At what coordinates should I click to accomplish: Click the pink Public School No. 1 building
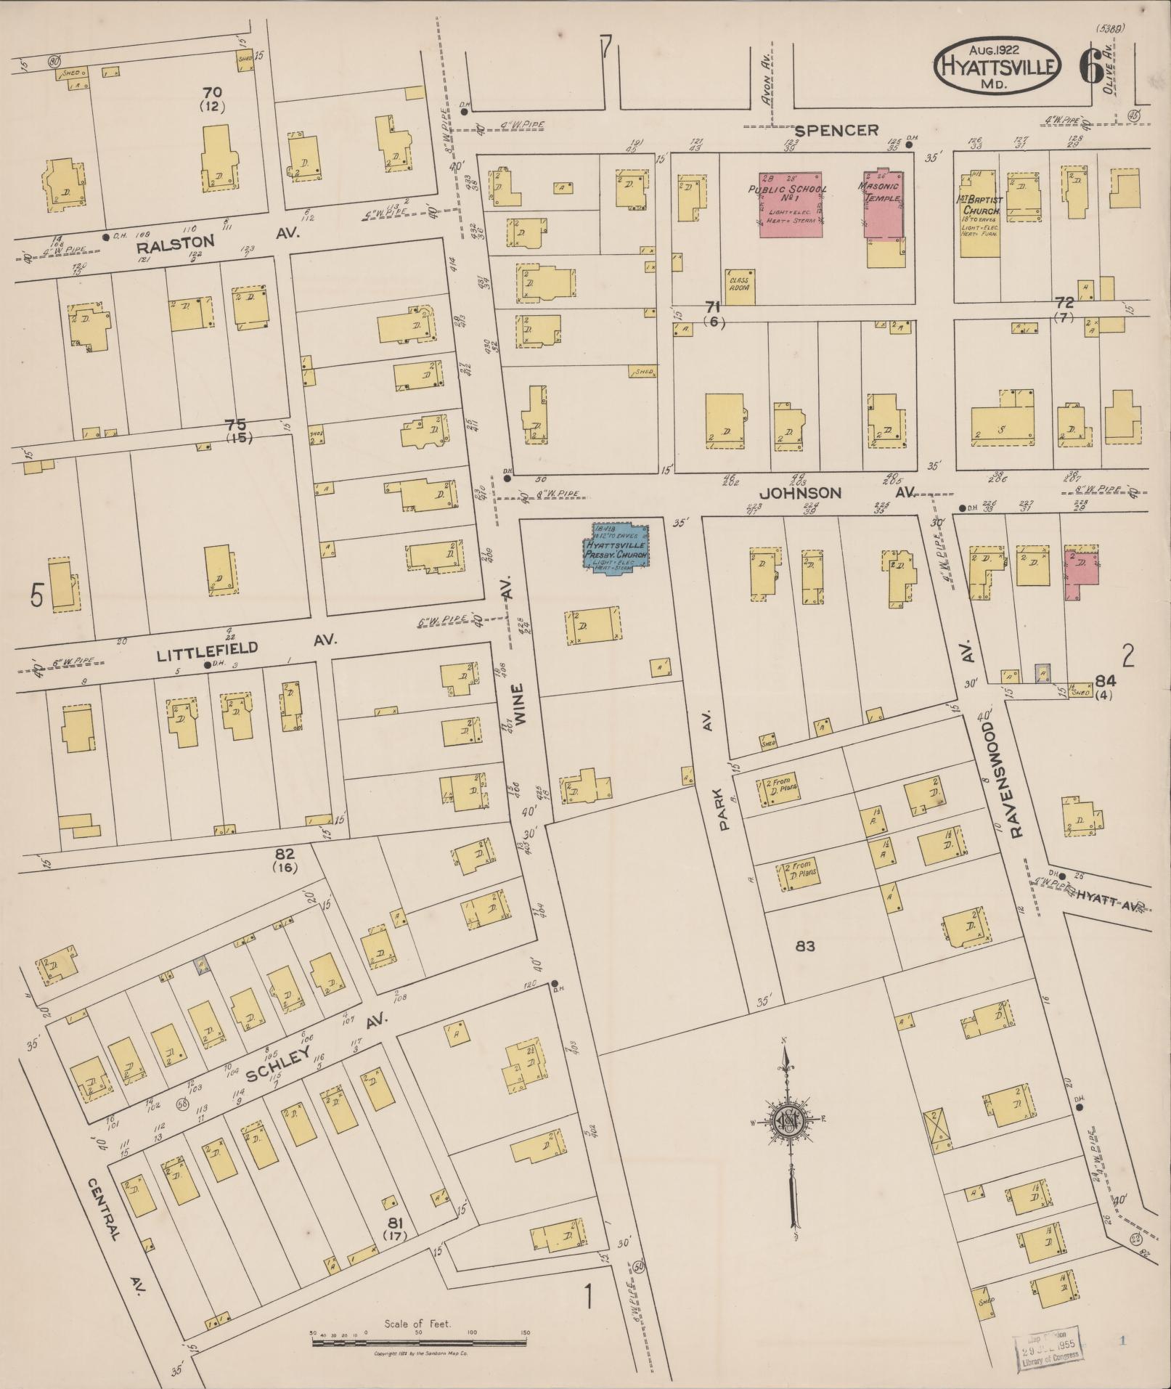click(791, 204)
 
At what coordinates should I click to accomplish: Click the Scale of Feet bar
click(419, 1343)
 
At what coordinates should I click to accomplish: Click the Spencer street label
click(836, 130)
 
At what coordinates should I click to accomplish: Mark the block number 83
click(805, 945)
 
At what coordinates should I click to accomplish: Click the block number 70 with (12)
click(213, 98)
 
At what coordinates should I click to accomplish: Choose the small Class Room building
click(740, 286)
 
